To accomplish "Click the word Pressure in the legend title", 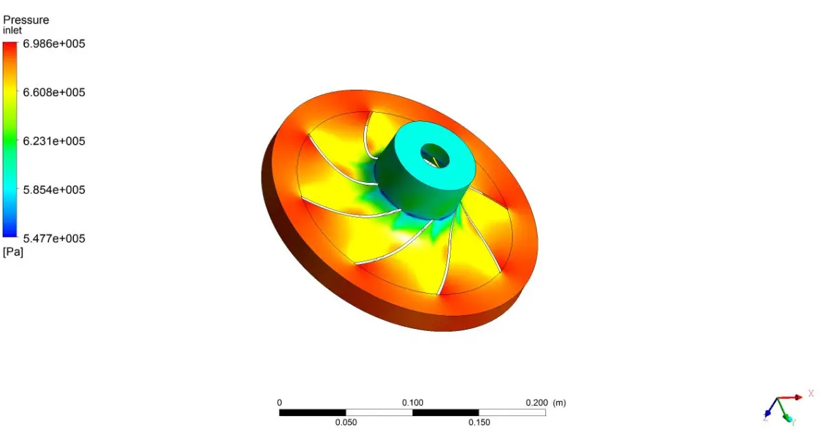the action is [26, 20].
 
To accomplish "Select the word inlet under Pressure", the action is [12, 30].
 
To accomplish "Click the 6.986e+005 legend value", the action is [54, 44].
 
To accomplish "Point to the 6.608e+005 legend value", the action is [54, 92].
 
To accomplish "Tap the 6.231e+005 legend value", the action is [54, 141].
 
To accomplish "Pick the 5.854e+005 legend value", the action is [54, 190].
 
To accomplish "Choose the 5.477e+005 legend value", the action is [54, 238].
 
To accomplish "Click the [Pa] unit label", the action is [13, 251].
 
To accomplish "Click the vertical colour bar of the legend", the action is [10, 139].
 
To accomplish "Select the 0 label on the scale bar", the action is [280, 403].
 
